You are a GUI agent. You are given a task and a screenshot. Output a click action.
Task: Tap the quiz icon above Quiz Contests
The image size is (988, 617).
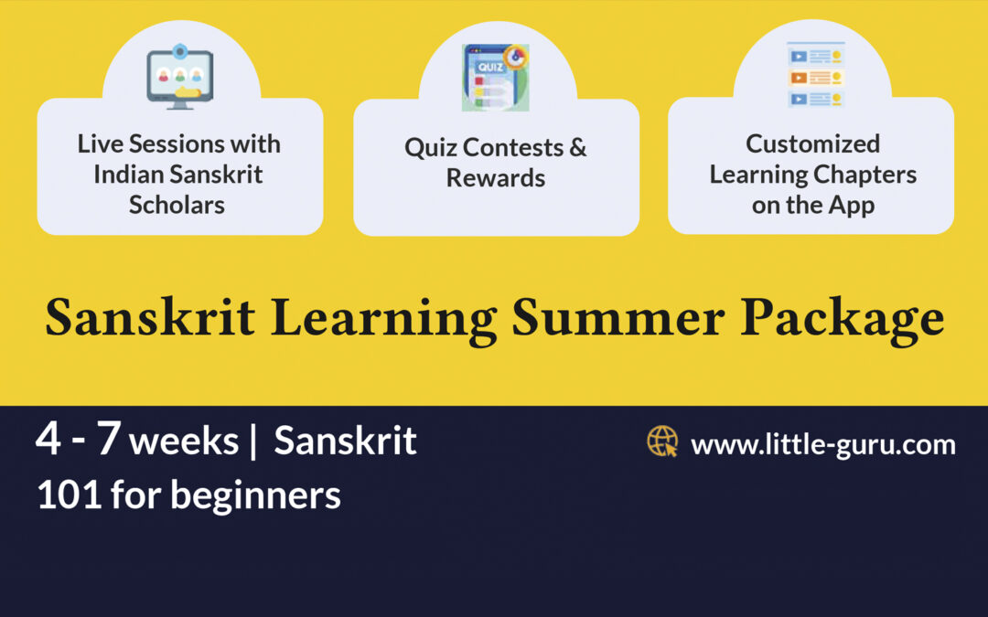click(x=495, y=78)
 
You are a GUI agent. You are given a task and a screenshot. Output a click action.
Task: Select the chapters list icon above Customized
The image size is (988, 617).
click(x=815, y=75)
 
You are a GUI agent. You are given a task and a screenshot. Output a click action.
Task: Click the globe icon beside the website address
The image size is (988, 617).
click(x=662, y=441)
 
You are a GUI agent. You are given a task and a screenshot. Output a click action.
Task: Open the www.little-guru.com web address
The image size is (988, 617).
click(x=822, y=445)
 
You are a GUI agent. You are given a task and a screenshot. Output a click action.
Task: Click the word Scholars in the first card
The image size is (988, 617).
click(x=177, y=204)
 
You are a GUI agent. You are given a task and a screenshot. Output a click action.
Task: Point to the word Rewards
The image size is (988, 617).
click(x=495, y=177)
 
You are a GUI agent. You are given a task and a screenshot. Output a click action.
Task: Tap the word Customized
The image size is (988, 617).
click(x=812, y=144)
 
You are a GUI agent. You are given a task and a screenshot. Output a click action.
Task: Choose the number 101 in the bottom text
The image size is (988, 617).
click(x=69, y=495)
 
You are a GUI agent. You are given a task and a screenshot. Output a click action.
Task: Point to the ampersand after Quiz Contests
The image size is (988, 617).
click(x=576, y=147)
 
